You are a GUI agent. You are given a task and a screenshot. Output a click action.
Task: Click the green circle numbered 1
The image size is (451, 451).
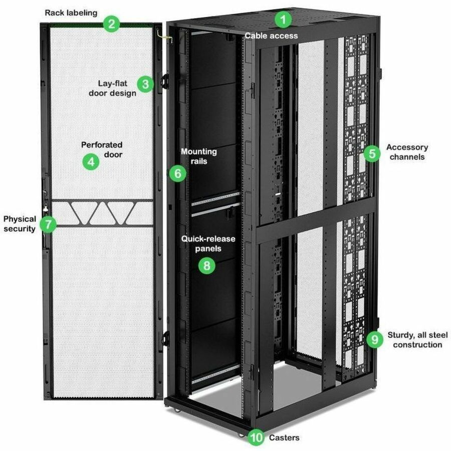(x=283, y=21)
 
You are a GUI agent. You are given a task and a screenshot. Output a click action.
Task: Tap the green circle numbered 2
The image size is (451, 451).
(x=112, y=23)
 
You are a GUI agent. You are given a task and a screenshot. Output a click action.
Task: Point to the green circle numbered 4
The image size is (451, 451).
(x=91, y=162)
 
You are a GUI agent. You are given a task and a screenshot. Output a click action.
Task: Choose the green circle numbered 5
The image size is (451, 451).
(x=371, y=153)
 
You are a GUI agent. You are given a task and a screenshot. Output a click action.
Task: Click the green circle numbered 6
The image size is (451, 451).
(x=177, y=173)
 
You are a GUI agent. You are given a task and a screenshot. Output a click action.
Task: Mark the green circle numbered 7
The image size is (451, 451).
(x=48, y=223)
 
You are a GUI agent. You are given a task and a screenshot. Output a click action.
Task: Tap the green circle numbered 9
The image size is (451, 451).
(x=374, y=339)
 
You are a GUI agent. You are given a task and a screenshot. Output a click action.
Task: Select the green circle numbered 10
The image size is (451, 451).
(x=257, y=437)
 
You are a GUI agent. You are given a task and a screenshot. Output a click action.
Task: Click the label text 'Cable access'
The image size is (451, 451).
(x=271, y=36)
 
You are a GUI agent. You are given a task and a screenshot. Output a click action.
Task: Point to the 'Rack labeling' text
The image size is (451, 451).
(x=71, y=12)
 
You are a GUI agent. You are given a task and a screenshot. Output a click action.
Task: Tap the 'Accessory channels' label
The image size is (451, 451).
(x=407, y=152)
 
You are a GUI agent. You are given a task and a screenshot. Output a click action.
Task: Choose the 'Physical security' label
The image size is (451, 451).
(x=20, y=223)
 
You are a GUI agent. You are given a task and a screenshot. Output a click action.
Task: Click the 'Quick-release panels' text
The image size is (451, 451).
(x=208, y=244)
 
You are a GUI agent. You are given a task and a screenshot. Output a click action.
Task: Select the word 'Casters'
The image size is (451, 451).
(x=284, y=437)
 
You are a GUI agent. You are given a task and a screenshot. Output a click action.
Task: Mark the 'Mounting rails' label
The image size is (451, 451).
(x=199, y=156)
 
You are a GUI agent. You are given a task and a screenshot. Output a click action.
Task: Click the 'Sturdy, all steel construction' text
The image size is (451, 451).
(x=417, y=339)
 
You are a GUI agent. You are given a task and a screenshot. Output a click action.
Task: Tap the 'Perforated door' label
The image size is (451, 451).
(x=102, y=149)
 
